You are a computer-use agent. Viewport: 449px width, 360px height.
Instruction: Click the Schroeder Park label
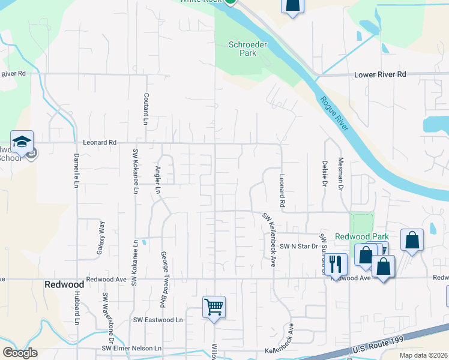click(x=243, y=49)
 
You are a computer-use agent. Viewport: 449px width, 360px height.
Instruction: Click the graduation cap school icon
click(x=22, y=142)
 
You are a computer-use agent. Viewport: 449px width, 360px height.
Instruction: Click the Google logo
click(x=20, y=353)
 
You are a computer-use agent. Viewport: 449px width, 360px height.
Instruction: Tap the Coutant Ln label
click(x=145, y=109)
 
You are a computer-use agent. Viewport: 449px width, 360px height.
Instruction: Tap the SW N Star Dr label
click(x=298, y=246)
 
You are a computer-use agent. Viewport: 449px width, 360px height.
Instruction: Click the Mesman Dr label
click(x=341, y=175)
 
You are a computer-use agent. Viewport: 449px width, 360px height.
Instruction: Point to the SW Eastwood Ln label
click(x=158, y=320)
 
